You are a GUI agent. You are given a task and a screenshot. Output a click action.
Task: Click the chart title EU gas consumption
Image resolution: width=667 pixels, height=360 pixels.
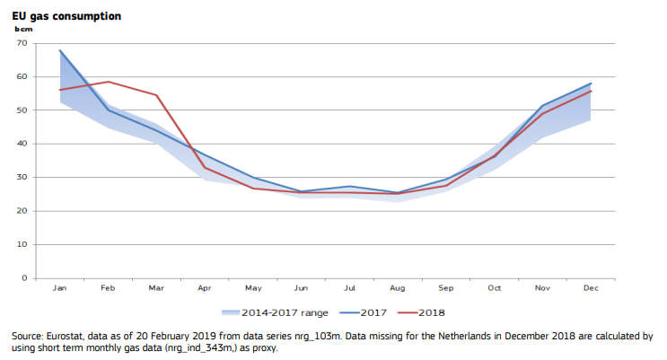66,17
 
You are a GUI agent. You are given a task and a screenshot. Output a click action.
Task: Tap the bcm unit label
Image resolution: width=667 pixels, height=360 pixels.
22,31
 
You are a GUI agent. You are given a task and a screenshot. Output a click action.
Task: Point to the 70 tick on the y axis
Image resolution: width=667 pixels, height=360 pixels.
22,43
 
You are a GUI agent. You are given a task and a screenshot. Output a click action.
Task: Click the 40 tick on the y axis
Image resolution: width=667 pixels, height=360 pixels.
22,144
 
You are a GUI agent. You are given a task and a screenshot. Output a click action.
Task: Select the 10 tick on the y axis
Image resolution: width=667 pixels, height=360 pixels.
22,244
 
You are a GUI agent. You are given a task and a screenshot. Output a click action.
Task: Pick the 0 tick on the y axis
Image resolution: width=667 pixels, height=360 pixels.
24,278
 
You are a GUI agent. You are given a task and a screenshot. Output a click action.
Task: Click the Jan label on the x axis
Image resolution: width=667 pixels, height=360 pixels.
60,288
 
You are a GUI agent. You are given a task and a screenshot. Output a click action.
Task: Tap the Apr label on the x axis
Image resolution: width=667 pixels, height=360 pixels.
205,288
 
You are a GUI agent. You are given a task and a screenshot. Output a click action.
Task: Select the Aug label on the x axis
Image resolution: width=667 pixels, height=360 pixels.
398,288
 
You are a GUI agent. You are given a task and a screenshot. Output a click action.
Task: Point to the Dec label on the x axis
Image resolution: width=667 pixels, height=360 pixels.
591,288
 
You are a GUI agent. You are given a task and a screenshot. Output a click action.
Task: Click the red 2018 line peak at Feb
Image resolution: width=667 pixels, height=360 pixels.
108,82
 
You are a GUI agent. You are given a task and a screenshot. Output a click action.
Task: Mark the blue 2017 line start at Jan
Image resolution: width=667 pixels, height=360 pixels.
60,50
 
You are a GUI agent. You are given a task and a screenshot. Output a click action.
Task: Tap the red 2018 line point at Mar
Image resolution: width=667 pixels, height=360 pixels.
156,95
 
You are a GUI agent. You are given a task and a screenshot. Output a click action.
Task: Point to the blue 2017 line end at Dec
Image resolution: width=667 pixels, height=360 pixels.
591,83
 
